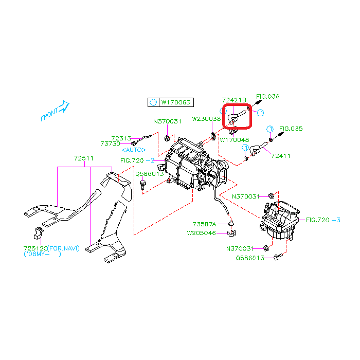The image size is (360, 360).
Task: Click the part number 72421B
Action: pos(234,100)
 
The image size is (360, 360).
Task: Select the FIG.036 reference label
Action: pos(268,97)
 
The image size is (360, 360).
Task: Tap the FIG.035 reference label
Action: pos(291,129)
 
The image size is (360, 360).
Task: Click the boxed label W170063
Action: pos(176,102)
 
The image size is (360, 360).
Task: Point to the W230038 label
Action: pos(206,119)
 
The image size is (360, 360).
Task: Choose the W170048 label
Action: pos(235,139)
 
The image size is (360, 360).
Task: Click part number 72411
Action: pos(281,155)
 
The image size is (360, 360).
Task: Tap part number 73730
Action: pos(111,144)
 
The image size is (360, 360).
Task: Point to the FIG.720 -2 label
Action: pos(138,160)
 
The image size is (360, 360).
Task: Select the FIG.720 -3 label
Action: pos(323,220)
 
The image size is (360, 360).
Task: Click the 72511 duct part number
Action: pos(83,158)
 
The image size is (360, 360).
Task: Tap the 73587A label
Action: pos(204,224)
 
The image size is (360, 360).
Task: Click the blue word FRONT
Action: pos(49,115)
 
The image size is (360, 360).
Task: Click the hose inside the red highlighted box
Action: pos(237,116)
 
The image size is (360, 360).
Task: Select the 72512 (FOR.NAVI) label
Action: pos(51,248)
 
